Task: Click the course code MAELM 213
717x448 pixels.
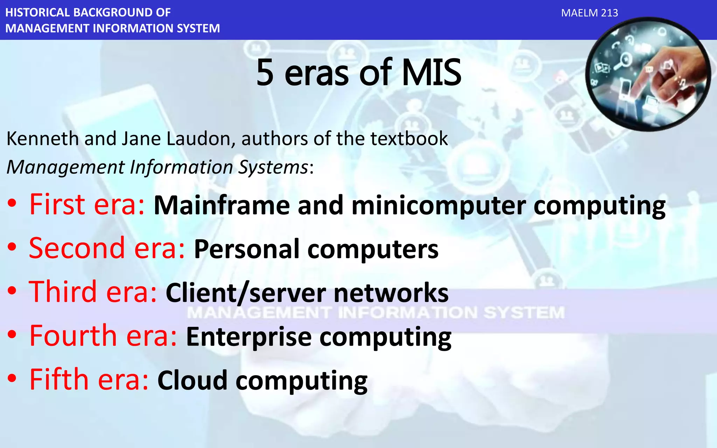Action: (589, 13)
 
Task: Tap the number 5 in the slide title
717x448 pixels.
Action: (265, 73)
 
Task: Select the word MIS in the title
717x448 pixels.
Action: (431, 73)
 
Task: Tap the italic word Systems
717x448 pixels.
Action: (273, 167)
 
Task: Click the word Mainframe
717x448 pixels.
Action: (222, 205)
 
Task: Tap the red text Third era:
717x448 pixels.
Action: (93, 292)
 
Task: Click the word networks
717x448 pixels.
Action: (391, 293)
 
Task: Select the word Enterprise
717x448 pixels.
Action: (249, 337)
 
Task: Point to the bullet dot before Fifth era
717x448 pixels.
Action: (12, 379)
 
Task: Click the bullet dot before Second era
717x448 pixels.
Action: (12, 247)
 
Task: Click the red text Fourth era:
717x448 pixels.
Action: (103, 336)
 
